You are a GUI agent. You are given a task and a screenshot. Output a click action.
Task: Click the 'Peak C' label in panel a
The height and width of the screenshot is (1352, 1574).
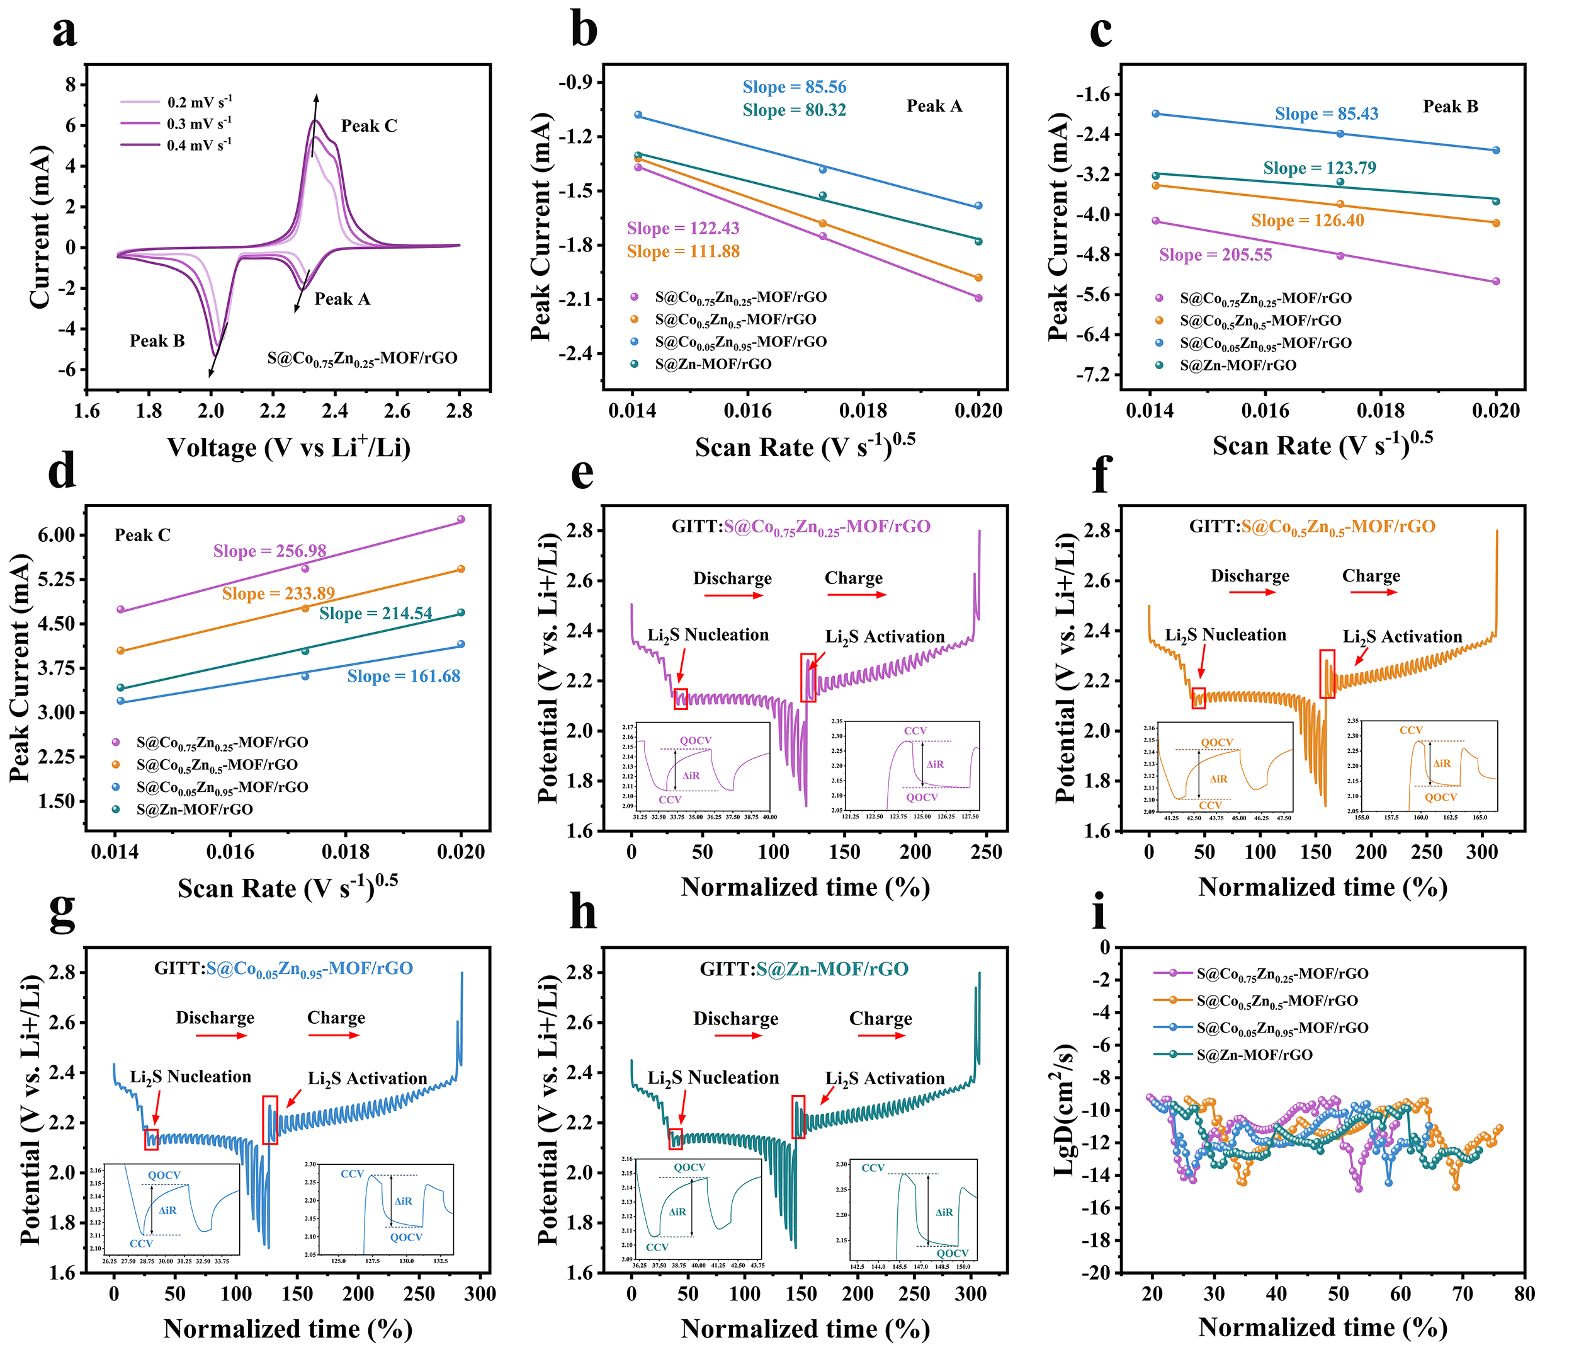368,126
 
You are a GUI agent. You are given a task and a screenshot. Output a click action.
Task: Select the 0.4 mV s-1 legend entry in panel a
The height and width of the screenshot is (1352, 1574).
199,144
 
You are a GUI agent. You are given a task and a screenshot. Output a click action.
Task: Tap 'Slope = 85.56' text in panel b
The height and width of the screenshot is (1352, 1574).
794,88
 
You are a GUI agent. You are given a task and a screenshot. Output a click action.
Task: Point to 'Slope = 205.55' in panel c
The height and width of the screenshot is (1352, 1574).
1214,255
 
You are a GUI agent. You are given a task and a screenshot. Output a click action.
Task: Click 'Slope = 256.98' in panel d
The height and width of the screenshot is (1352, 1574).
269,551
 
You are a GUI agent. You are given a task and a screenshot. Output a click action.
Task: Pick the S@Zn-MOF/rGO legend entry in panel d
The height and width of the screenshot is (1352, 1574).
195,810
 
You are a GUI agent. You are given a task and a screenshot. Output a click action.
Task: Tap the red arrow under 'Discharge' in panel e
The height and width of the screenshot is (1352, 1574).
733,595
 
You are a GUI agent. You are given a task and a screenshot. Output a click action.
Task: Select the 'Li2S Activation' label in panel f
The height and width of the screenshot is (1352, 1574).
1401,637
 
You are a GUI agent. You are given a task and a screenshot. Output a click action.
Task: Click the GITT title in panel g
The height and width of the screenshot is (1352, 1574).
283,968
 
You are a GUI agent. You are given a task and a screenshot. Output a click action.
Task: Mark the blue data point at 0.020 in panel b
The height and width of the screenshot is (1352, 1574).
978,206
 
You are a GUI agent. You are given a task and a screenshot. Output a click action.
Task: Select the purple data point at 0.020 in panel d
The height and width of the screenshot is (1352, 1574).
460,520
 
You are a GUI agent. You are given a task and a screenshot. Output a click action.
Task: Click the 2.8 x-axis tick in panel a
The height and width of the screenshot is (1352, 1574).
459,411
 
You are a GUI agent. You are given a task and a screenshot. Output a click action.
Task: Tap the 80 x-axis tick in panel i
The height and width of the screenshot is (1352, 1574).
1524,1293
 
